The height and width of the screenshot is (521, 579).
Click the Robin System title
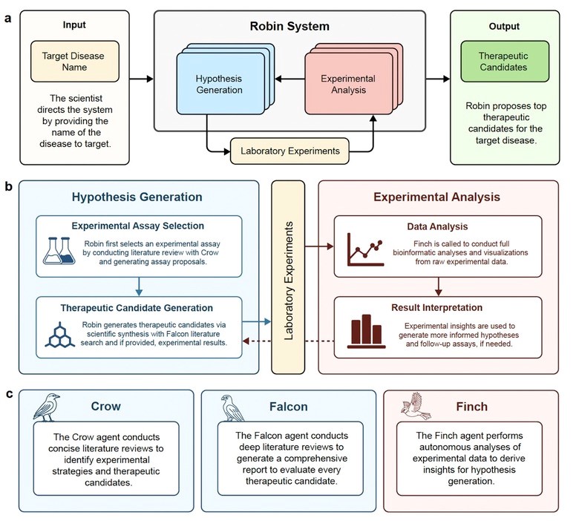coord(288,27)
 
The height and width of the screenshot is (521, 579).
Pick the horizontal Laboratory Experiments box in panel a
coord(290,151)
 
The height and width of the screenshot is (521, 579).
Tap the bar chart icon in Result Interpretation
coord(365,330)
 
